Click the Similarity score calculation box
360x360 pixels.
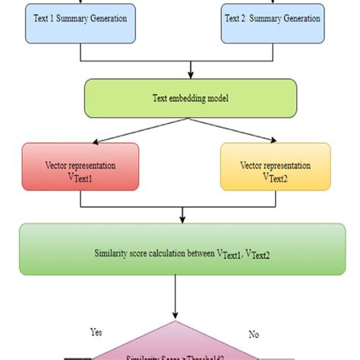[180, 250]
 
